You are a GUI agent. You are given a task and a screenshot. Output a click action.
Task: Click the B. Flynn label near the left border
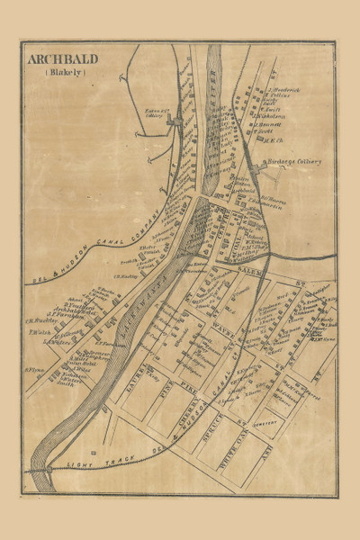tap(34, 370)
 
